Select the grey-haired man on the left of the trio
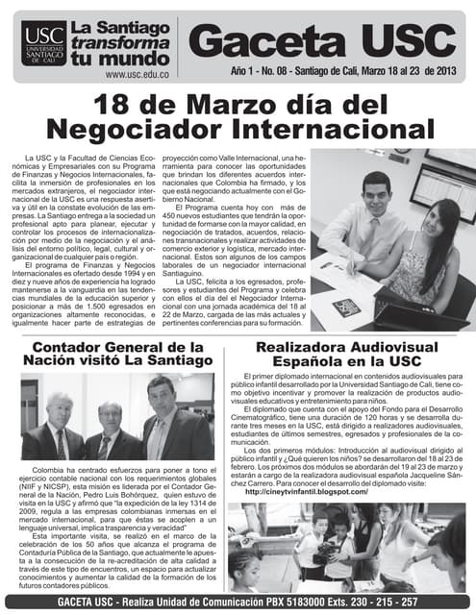click(x=57, y=423)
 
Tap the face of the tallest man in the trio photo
click(x=161, y=394)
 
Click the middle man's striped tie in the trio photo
click(x=102, y=446)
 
